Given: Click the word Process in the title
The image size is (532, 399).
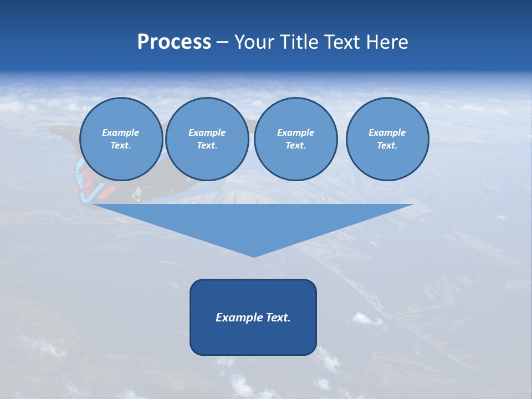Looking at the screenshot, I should click(x=174, y=42).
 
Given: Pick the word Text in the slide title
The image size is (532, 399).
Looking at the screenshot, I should click(x=342, y=42).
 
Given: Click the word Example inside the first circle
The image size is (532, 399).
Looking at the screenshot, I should click(x=121, y=132).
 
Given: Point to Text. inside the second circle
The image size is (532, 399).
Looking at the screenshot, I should click(x=207, y=146).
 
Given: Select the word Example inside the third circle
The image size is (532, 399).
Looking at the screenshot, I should click(x=296, y=132).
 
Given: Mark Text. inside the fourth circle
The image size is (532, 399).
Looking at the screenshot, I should click(x=387, y=146).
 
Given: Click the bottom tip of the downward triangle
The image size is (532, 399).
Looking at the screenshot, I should click(x=254, y=255).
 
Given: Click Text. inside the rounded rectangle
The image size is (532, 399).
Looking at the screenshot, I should click(x=278, y=318).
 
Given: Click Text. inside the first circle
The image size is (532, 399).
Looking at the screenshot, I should click(x=121, y=146).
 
